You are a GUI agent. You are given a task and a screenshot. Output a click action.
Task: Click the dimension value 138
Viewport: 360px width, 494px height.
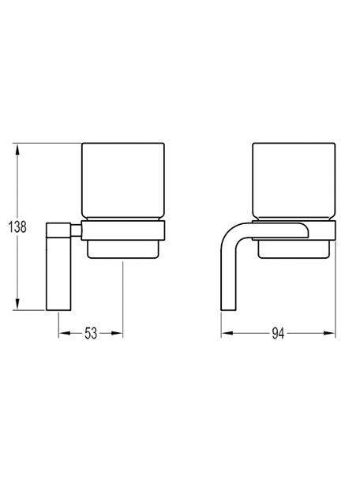(x=17, y=226)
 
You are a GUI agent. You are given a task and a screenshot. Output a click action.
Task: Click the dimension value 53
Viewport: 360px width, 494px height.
(x=91, y=333)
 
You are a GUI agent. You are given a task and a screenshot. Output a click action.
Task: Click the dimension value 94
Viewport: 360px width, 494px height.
(x=278, y=333)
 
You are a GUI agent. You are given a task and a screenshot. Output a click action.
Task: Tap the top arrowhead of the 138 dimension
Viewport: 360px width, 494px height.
(x=17, y=149)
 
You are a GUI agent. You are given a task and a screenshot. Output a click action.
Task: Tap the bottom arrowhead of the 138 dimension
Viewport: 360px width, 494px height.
(x=17, y=305)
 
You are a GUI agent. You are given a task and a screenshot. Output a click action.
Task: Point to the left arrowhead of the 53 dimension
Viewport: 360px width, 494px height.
(x=64, y=333)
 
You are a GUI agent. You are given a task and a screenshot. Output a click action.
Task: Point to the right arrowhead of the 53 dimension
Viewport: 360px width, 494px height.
(x=118, y=333)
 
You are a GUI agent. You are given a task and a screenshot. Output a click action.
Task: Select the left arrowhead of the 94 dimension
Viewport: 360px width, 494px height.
(x=227, y=333)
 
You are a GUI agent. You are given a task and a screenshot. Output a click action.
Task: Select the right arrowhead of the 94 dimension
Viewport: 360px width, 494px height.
(x=330, y=333)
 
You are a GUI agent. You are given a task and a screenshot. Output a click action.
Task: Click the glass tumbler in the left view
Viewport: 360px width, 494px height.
(x=123, y=182)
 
